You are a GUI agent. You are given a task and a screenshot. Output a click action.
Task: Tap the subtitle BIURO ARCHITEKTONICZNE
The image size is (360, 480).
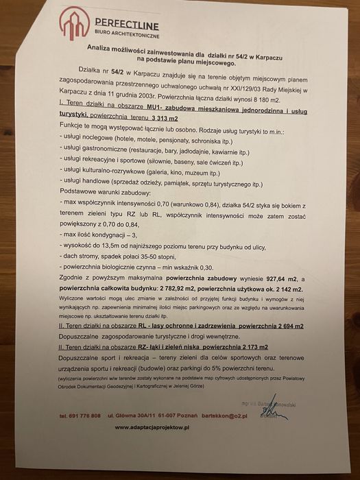[126, 32]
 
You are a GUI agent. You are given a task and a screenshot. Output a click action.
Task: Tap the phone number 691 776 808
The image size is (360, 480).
[87, 416]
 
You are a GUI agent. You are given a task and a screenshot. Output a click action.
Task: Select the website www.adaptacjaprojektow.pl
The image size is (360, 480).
[152, 427]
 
